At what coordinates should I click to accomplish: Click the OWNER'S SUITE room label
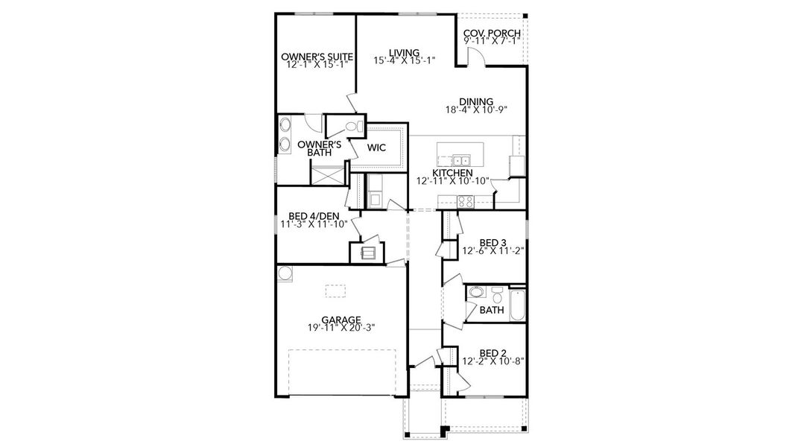[316, 57]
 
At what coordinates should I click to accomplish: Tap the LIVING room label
[404, 53]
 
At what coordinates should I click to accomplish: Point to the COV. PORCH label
[492, 34]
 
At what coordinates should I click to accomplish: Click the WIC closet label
[376, 148]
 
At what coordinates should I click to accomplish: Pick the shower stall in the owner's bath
[328, 176]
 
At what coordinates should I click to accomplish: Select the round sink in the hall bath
[476, 293]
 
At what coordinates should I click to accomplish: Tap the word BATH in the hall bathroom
[492, 310]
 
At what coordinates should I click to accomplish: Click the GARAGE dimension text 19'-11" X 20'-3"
[341, 327]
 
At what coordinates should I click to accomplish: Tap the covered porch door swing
[478, 54]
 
